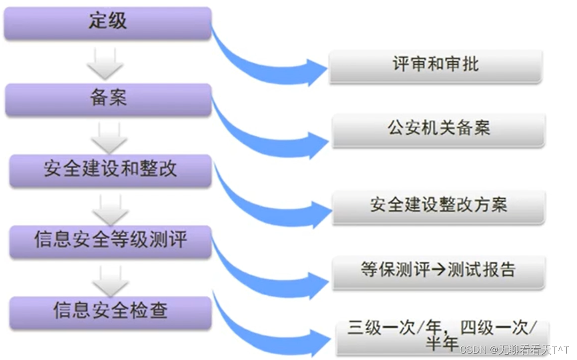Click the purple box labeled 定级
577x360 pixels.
coord(107,22)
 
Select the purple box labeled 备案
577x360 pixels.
coord(109,99)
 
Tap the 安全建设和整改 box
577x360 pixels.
coord(110,170)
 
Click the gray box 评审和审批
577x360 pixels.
coord(435,66)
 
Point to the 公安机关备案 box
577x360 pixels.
coord(438,129)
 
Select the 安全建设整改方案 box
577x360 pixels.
coord(438,206)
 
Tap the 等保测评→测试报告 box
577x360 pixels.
coord(438,271)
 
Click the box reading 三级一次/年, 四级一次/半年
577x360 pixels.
coord(442,336)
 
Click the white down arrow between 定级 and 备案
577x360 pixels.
coord(105,63)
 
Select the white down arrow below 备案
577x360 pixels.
coord(109,137)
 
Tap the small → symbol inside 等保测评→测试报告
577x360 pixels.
coord(438,271)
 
